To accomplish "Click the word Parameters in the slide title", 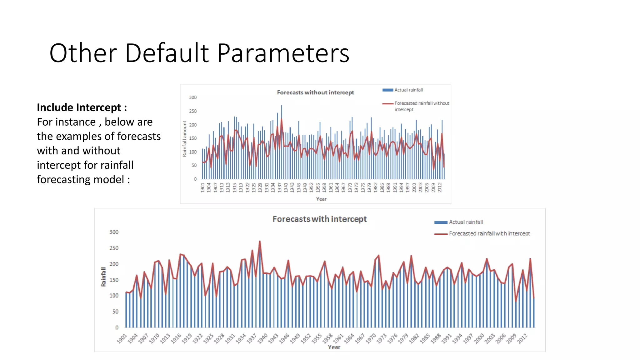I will tap(283, 53).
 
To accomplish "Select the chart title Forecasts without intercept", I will tap(315, 92).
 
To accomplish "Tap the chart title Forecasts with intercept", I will tap(319, 219).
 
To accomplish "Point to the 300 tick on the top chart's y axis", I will tap(193, 97).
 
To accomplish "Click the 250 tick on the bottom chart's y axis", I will tap(114, 248).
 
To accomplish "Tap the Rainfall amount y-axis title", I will tap(185, 138).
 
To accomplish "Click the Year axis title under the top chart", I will tap(321, 199).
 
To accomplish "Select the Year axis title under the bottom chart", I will tap(334, 347).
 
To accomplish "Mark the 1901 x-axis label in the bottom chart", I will tap(122, 338).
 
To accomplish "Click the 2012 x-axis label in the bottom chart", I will tap(522, 338).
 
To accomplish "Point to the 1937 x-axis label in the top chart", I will tap(279, 187).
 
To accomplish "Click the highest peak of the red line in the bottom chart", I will tap(260, 242).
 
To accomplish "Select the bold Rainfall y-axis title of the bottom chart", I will tap(103, 277).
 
